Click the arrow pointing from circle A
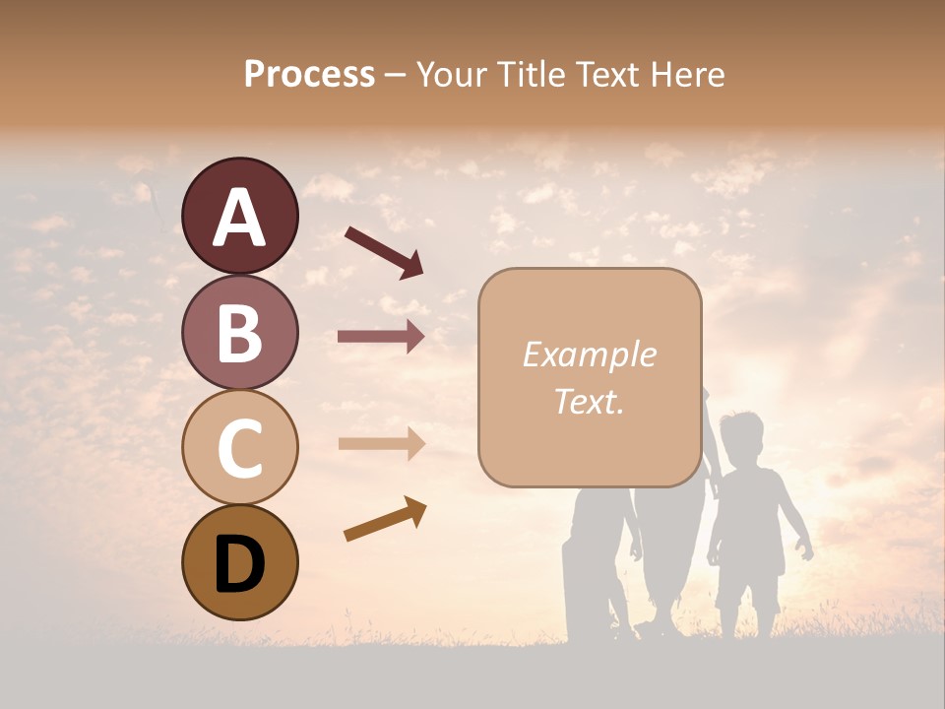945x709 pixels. coord(384,250)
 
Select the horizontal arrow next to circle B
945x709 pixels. coord(381,337)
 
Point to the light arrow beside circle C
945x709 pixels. coord(381,444)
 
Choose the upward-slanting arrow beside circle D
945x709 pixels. coord(385,519)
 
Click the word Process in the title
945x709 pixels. coord(309,74)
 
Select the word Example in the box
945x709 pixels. coord(589,354)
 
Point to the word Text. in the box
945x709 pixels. coord(589,402)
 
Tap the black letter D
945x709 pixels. coord(239,565)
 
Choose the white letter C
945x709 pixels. coord(239,448)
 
